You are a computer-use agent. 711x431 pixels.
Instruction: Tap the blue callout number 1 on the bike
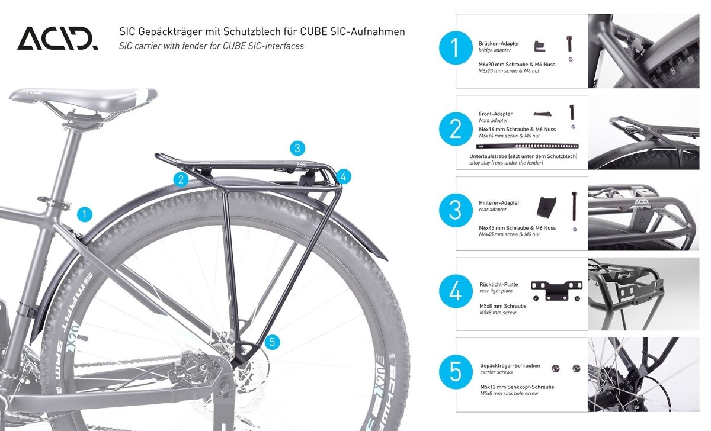(x=85, y=214)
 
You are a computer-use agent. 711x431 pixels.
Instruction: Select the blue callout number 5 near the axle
(x=272, y=342)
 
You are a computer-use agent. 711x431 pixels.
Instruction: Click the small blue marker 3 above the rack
(x=298, y=148)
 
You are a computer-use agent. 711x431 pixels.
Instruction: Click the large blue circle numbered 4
(x=455, y=291)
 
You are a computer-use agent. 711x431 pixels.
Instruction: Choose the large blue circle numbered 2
(x=455, y=130)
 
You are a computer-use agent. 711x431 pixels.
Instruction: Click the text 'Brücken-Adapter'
(x=499, y=44)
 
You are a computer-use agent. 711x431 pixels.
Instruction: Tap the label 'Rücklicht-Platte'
(x=499, y=284)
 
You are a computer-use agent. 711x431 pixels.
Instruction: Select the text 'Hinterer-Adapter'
(x=499, y=203)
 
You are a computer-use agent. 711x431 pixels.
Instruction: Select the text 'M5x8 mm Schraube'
(x=502, y=306)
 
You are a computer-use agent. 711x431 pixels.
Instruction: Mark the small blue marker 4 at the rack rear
(x=343, y=176)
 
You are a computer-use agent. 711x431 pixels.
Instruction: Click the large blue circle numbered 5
(x=455, y=372)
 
